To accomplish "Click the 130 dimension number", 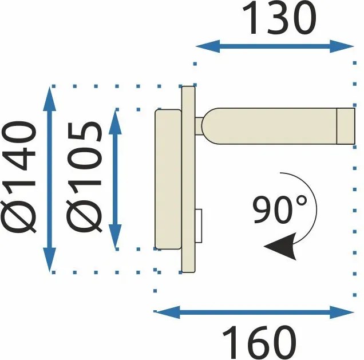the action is (x=279, y=18).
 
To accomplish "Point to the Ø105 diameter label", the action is (x=84, y=177).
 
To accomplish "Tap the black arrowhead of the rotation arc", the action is (x=282, y=246).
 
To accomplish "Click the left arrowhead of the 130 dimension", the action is (x=208, y=46).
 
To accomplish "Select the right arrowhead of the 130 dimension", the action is (x=342, y=46).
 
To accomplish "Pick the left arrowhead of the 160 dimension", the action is (x=167, y=312).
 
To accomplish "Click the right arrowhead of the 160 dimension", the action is (x=342, y=312).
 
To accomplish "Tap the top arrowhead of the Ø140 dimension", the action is (x=50, y=99).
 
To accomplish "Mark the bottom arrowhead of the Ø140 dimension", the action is (x=50, y=259).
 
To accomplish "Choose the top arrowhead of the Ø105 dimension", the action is (x=116, y=122).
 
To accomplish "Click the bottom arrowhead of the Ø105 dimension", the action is (x=116, y=236).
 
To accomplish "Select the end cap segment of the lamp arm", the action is (x=346, y=126).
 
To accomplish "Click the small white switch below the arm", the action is (x=199, y=226).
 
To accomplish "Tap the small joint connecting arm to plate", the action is (x=199, y=126).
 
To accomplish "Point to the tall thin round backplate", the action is (x=188, y=179).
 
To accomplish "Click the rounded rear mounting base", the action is (x=168, y=179).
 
